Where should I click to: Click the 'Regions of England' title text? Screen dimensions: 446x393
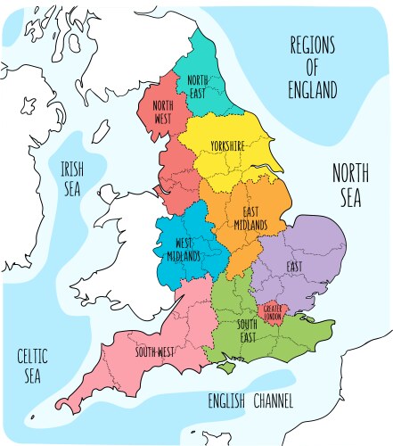312,66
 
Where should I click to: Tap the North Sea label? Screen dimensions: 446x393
350,185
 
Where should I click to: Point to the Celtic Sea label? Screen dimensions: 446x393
29,366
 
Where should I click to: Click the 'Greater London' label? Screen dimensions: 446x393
273,311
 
